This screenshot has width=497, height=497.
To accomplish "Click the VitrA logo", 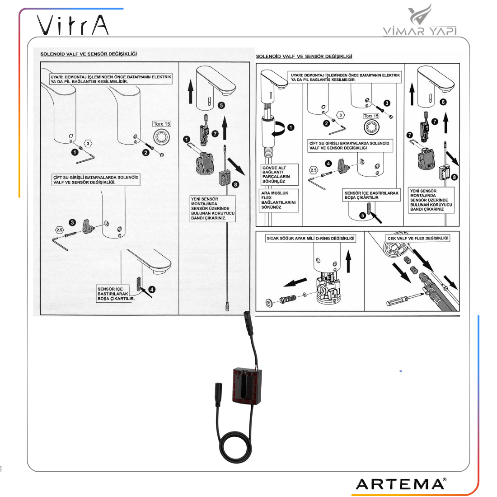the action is [73, 25].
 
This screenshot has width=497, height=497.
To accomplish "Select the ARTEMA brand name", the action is [399, 484].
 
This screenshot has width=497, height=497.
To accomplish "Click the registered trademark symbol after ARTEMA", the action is [445, 479].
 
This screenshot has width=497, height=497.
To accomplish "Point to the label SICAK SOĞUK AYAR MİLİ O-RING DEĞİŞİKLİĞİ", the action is [310, 239].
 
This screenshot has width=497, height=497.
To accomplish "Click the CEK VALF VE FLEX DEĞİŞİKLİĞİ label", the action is [418, 239].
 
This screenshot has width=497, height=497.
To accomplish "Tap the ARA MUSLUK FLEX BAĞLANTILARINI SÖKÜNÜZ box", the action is [278, 200].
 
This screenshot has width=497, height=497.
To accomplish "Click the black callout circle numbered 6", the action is [443, 102].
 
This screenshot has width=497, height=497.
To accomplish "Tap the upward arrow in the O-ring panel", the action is [348, 261].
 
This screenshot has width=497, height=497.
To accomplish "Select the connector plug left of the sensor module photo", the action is [218, 394].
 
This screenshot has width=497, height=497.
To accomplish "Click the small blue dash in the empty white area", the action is [401, 371].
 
